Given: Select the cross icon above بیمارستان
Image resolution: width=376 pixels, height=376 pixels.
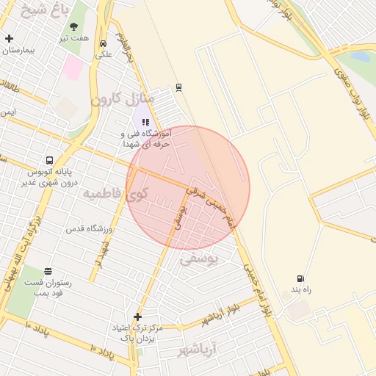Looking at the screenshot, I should click(9, 38).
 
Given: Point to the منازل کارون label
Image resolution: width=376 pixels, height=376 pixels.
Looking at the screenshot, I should click(123, 98).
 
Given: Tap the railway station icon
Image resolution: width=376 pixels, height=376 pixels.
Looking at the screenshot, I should click(178, 87).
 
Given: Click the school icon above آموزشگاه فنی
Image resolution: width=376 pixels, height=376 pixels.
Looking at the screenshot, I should click(145, 123).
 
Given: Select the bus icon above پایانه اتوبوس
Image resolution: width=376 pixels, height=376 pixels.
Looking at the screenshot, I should click(49, 160).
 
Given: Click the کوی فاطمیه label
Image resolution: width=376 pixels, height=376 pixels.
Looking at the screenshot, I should click(115, 195).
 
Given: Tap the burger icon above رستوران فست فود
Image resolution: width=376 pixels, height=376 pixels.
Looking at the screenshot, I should click(48, 271).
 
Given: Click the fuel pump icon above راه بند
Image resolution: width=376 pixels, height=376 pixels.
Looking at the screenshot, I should click(300, 278).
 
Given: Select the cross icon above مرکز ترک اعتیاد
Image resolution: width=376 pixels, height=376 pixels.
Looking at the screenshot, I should click(137, 317).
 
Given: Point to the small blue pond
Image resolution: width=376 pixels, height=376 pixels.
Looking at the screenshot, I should click(360, 56).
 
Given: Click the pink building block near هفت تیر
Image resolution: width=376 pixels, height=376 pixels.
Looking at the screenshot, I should click(73, 68).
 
